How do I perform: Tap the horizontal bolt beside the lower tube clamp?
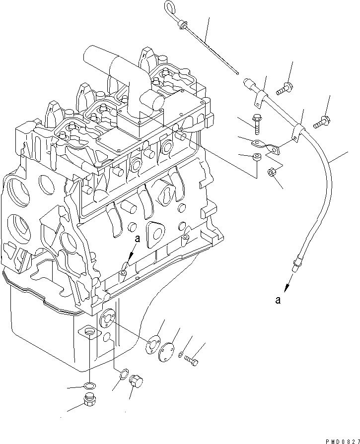tap(322, 120)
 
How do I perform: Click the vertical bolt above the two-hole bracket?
tap(257, 123)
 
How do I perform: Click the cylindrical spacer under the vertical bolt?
tap(256, 158)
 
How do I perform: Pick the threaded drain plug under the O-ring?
tap(89, 399)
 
